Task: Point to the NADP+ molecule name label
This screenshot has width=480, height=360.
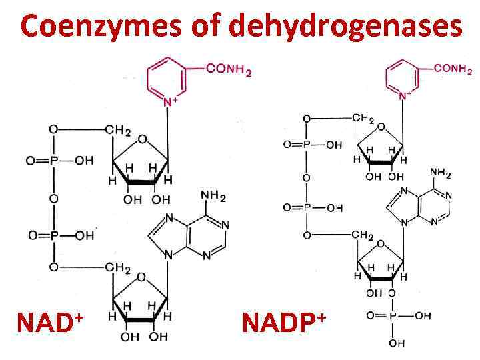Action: (283, 323)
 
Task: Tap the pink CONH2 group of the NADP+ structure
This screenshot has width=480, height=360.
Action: (453, 69)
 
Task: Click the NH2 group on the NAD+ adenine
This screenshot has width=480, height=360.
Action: (213, 197)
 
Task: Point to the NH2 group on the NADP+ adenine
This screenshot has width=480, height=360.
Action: (441, 174)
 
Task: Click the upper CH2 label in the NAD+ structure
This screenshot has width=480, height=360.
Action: (118, 130)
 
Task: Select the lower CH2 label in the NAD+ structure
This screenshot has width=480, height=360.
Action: (118, 269)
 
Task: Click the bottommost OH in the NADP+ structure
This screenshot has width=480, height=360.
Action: (396, 343)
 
